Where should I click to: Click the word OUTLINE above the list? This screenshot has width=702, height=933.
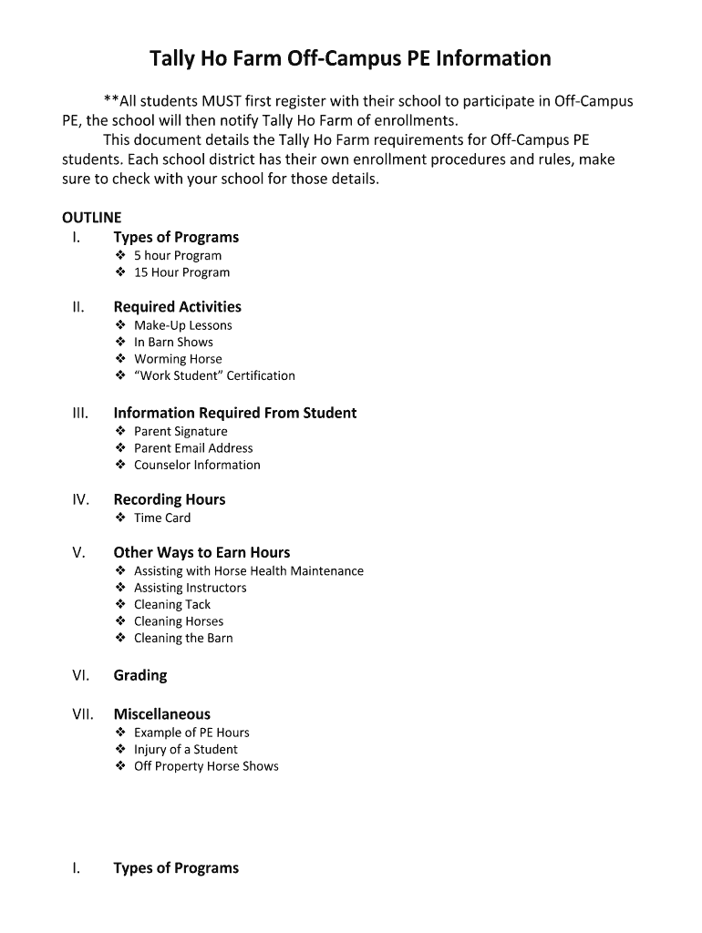click(x=91, y=218)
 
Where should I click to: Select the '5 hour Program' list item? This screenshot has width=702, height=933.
click(x=177, y=255)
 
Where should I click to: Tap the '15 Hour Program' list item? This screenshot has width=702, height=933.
click(x=181, y=272)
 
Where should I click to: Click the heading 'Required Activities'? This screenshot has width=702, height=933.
click(x=177, y=307)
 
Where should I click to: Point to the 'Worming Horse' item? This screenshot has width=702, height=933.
click(x=178, y=359)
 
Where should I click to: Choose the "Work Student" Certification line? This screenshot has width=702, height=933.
click(x=214, y=375)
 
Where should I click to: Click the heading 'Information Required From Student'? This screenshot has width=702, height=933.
click(x=234, y=413)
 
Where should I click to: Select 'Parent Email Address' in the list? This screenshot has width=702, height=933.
click(x=193, y=448)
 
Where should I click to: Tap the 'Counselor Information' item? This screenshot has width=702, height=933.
click(x=197, y=465)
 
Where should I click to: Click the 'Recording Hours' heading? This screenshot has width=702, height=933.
click(x=169, y=499)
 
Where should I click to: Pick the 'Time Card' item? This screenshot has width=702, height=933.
click(x=162, y=518)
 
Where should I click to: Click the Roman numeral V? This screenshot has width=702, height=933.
click(x=78, y=552)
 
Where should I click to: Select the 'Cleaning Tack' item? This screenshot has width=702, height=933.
click(x=172, y=604)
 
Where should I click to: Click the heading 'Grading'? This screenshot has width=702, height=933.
click(x=140, y=675)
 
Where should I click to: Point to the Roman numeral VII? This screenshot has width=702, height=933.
click(x=82, y=714)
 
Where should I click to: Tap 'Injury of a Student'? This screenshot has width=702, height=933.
click(x=185, y=749)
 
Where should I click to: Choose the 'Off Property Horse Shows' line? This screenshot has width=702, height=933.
click(x=206, y=766)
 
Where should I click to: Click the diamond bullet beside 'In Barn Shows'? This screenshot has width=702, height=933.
click(x=120, y=342)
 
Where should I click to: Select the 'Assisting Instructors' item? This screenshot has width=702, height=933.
click(x=190, y=588)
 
